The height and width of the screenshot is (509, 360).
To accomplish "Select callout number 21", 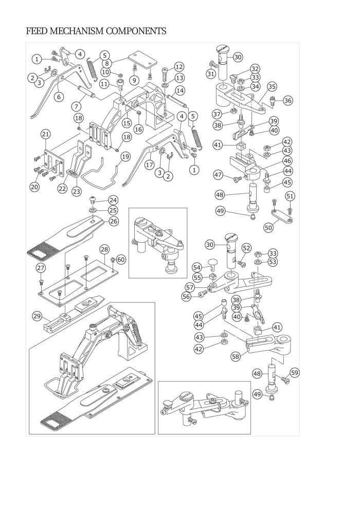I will pyautogui.click(x=45, y=135).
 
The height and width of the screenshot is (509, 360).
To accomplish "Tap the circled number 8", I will pyautogui.click(x=107, y=63).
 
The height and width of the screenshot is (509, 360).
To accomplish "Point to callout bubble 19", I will pyautogui.click(x=125, y=156).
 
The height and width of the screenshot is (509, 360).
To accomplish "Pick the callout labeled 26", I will pyautogui.click(x=113, y=221).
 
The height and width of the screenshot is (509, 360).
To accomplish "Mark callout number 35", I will pyautogui.click(x=272, y=87).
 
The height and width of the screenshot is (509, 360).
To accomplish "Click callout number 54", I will pyautogui.click(x=197, y=267).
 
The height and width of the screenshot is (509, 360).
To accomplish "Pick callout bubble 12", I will pyautogui.click(x=179, y=66).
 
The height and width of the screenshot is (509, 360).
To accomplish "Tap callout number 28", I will pyautogui.click(x=104, y=249).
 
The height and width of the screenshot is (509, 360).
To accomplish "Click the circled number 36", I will pyautogui.click(x=288, y=101).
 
